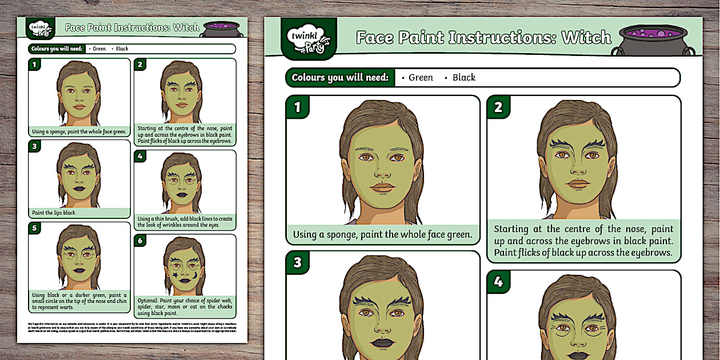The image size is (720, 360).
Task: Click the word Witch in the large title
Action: [x=586, y=38]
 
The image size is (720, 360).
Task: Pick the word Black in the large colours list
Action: [x=463, y=78]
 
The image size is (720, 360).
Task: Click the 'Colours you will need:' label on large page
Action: [x=340, y=78]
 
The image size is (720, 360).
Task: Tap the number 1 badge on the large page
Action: [x=297, y=107]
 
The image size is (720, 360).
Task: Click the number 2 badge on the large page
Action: [x=498, y=107]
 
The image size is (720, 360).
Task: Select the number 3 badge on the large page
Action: [x=297, y=263]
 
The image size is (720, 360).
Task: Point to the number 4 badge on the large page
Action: [x=498, y=282]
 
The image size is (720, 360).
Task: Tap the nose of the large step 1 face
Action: [x=381, y=171]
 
